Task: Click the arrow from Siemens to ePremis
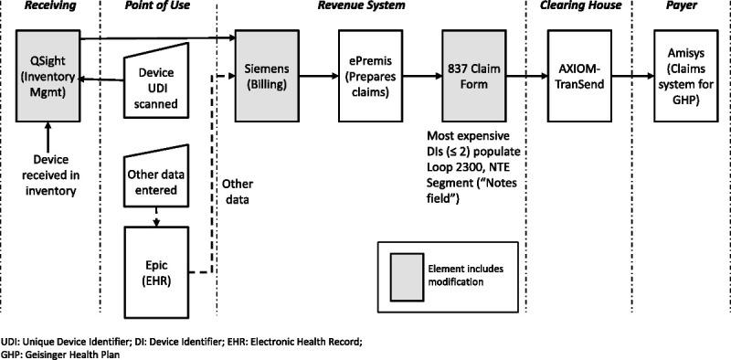pos(321,77)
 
